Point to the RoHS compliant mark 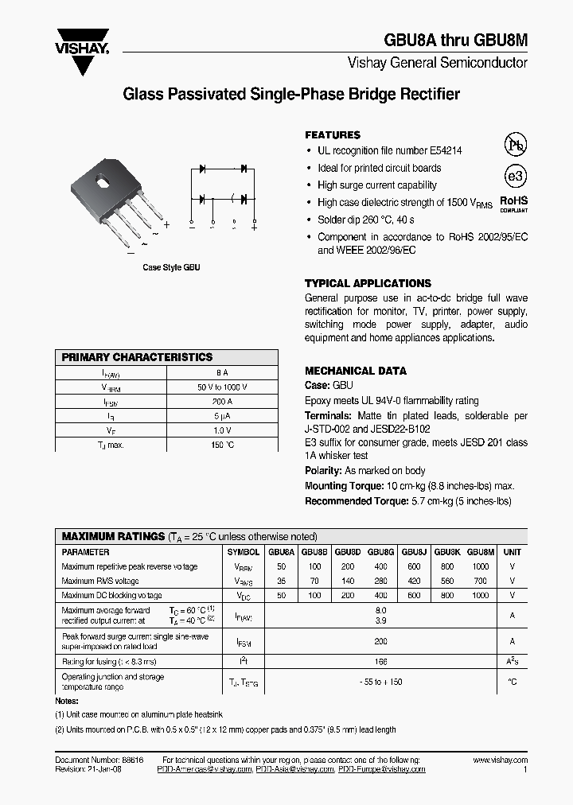[x=513, y=204]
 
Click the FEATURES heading [x=332, y=135]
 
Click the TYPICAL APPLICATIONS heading [x=368, y=283]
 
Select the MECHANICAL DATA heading [x=355, y=371]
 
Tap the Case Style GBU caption [x=171, y=268]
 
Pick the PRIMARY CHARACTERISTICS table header [x=137, y=358]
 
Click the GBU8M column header [x=480, y=552]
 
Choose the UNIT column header [x=513, y=552]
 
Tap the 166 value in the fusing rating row [x=380, y=661]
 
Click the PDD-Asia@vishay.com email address [x=294, y=769]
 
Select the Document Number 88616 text [x=99, y=760]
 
